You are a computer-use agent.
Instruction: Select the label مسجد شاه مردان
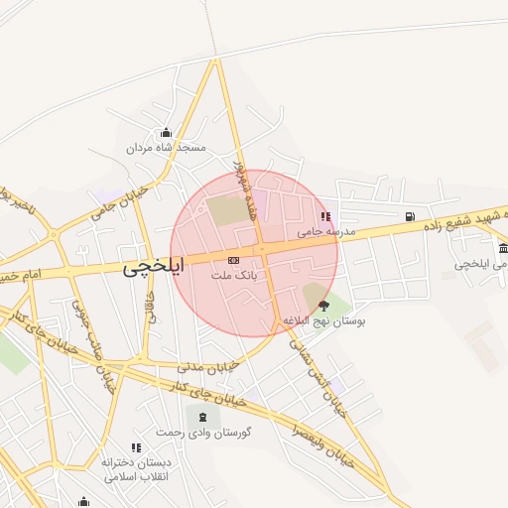(165, 148)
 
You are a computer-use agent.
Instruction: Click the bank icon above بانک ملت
(233, 260)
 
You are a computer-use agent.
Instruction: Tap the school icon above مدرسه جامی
(323, 217)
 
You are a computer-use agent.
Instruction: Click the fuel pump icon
(410, 216)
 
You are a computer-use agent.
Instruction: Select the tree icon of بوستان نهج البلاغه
(323, 306)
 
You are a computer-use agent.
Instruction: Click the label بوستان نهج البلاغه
(323, 320)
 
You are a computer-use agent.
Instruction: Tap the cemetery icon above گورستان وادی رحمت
(203, 418)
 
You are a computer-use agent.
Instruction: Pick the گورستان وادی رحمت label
(204, 433)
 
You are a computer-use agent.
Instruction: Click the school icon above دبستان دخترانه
(136, 448)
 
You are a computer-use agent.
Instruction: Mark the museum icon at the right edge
(503, 248)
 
